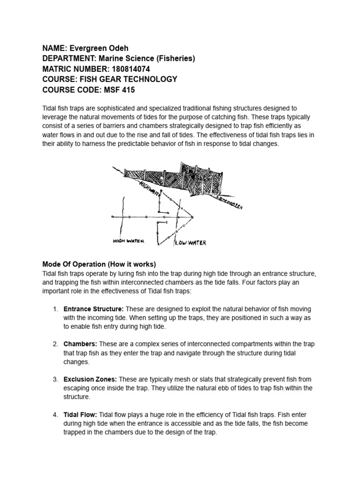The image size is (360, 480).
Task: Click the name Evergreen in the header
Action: pos(88,48)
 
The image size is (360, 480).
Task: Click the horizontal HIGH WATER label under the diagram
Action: pos(129,241)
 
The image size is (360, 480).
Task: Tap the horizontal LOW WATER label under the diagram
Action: pos(190,243)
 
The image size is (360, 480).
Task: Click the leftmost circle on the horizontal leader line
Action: pos(112,217)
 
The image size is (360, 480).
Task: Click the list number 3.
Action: pos(55,379)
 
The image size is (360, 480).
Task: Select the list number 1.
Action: pos(55,309)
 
